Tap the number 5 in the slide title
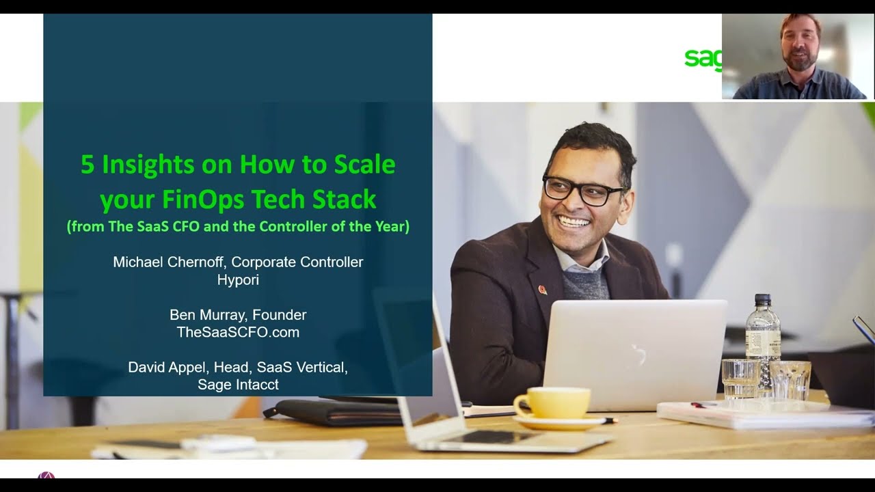tap(87, 165)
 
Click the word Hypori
tap(238, 280)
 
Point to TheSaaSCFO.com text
tap(238, 333)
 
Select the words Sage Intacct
tap(238, 385)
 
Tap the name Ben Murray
tap(208, 315)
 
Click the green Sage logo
tap(703, 59)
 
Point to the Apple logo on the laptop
tap(638, 353)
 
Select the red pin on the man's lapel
tap(542, 290)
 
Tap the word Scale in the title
tap(364, 165)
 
